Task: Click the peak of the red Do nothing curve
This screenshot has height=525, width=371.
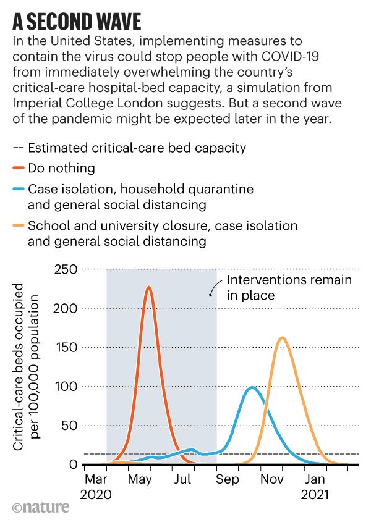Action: click(x=148, y=287)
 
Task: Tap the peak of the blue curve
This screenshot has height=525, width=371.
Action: click(x=251, y=388)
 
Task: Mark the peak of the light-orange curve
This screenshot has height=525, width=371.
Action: click(x=282, y=337)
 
